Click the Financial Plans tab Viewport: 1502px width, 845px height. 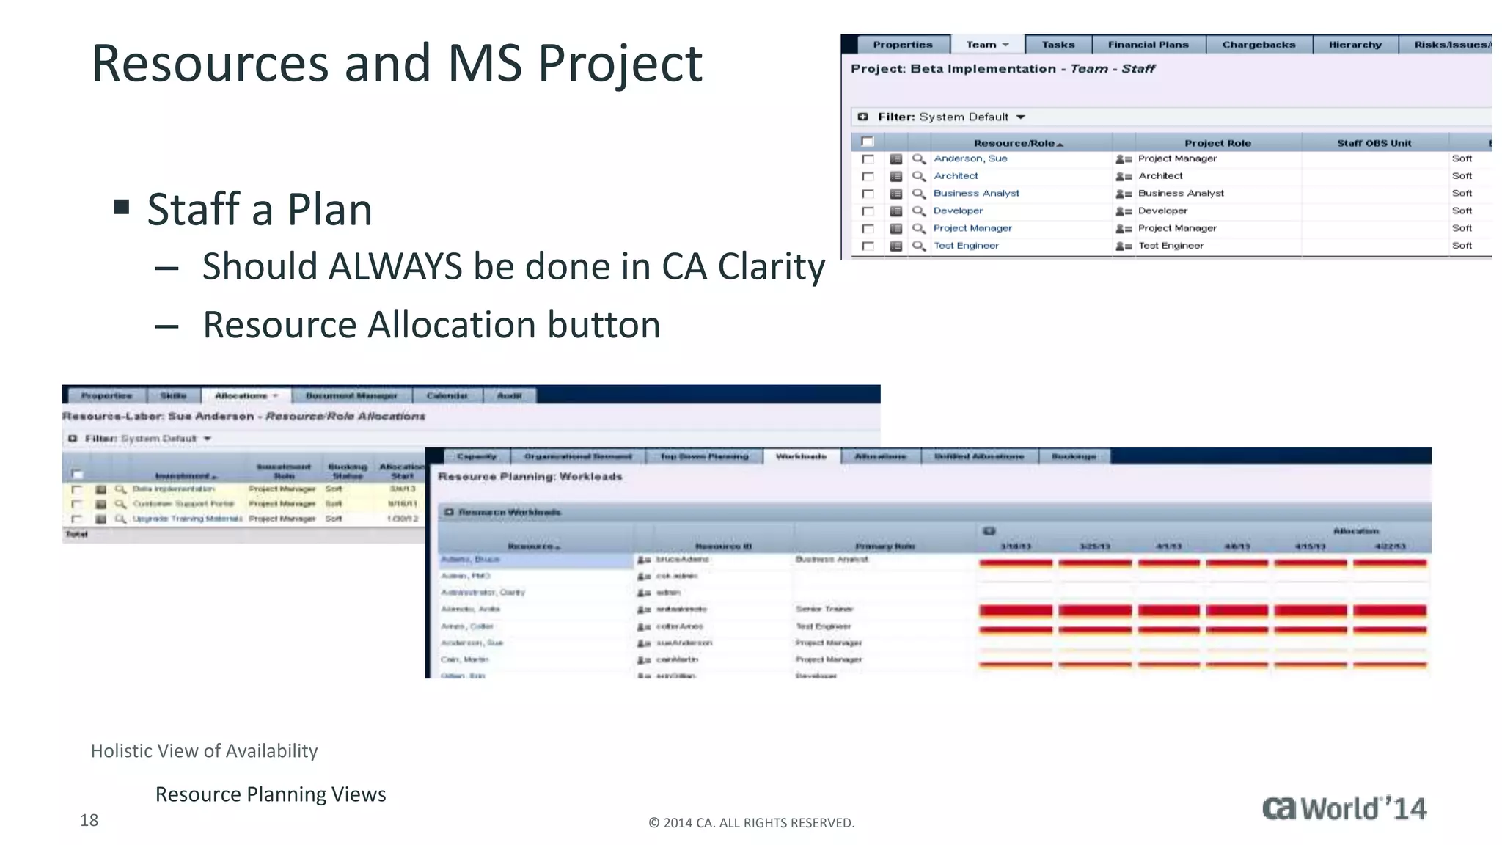(x=1148, y=45)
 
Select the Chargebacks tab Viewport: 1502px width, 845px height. (x=1259, y=45)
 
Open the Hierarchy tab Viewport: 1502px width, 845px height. (x=1355, y=45)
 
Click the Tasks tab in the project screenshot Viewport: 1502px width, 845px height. (x=1058, y=45)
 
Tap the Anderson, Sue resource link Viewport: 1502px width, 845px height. (x=970, y=158)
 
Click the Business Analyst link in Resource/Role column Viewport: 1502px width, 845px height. (x=976, y=194)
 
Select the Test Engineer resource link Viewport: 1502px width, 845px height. (x=966, y=246)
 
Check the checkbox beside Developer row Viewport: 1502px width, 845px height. (x=868, y=211)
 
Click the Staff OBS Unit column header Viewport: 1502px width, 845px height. (x=1374, y=143)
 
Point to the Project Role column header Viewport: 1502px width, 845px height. (x=1217, y=143)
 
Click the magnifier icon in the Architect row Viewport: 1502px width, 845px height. (x=918, y=176)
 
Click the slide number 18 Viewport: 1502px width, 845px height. (x=89, y=820)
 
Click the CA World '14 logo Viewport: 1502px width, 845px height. (x=1344, y=808)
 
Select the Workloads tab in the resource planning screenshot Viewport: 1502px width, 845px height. (x=801, y=456)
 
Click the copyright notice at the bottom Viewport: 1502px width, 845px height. (x=751, y=823)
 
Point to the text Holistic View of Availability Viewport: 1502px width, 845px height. (x=204, y=751)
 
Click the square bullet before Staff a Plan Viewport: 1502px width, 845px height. (x=122, y=208)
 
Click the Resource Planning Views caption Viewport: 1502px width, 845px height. (x=271, y=794)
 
